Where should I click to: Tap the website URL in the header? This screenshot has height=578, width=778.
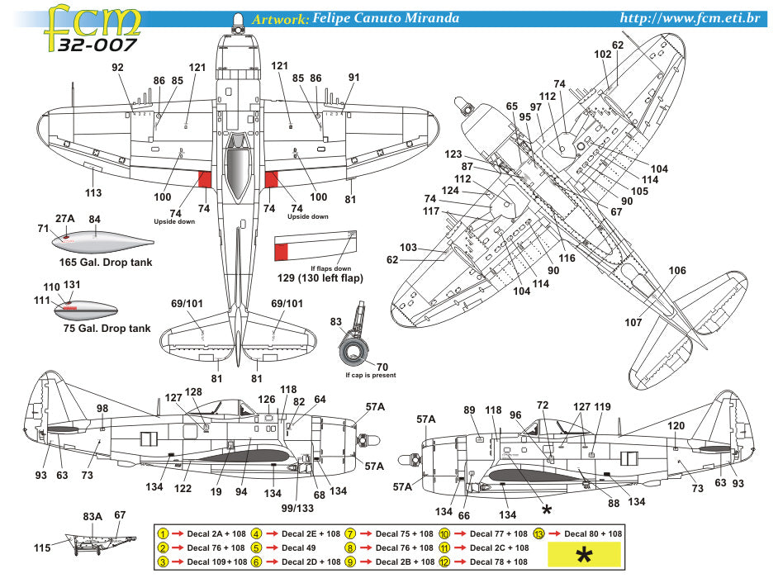[696, 17]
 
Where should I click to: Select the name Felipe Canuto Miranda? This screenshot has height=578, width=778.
[385, 18]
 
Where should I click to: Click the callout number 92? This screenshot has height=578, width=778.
[118, 68]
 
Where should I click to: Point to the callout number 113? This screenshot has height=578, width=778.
[93, 192]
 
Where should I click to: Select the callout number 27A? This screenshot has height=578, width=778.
[65, 219]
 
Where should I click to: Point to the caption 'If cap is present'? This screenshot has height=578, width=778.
[371, 375]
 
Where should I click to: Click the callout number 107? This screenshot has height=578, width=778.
[633, 323]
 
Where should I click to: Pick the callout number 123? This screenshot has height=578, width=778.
[453, 154]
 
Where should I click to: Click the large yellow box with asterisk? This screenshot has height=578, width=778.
[583, 556]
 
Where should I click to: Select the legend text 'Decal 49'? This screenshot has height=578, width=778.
[299, 547]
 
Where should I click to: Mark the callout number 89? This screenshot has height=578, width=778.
[470, 410]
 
